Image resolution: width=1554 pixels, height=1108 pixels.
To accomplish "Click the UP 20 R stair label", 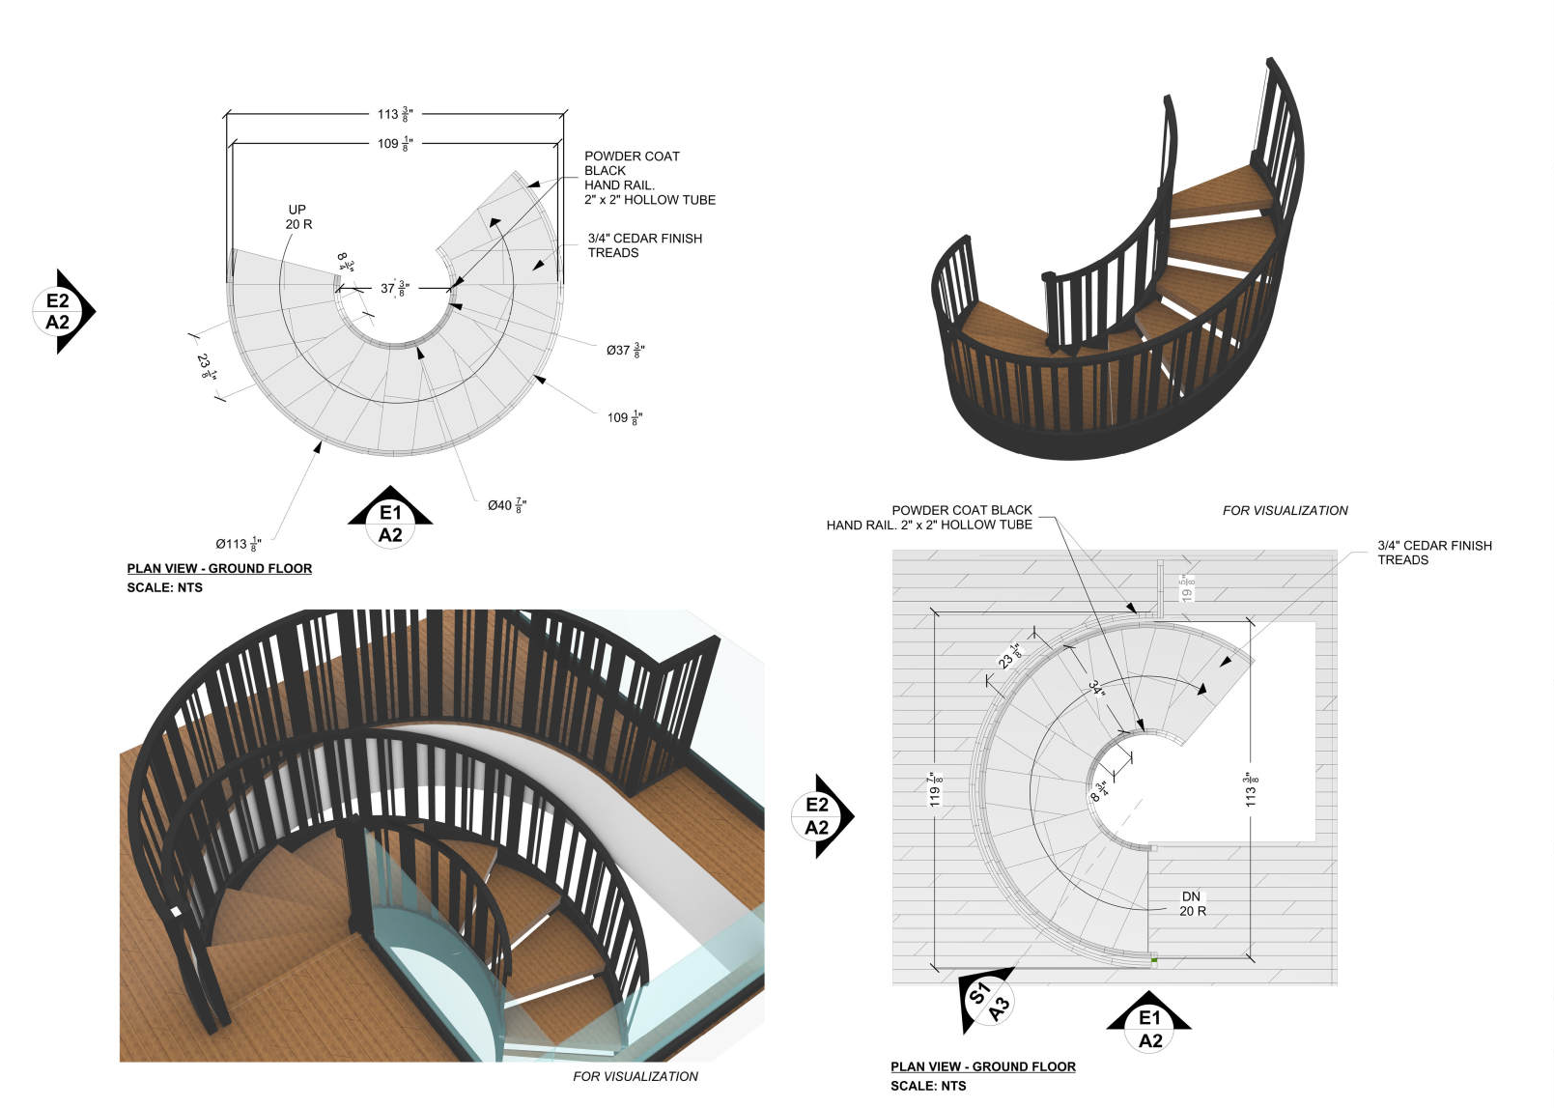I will click(x=298, y=216).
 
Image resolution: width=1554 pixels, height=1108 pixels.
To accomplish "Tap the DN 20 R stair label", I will click(x=1192, y=903).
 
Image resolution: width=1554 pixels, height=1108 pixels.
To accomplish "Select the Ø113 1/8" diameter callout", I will click(x=238, y=544).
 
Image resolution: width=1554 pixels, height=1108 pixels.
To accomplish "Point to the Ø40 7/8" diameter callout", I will click(x=507, y=505).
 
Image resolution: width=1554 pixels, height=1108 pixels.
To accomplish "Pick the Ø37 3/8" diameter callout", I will click(x=625, y=350).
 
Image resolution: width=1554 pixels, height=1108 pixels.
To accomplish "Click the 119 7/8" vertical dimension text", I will click(x=935, y=789).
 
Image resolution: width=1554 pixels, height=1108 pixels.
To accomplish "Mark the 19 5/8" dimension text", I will click(x=1187, y=587).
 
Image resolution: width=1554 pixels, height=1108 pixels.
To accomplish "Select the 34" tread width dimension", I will click(x=1096, y=688).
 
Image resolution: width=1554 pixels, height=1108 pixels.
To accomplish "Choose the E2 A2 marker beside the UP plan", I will click(x=60, y=311).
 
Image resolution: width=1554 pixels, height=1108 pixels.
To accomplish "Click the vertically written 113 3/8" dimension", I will click(x=1251, y=789).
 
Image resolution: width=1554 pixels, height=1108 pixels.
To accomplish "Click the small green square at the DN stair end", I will click(x=1154, y=960).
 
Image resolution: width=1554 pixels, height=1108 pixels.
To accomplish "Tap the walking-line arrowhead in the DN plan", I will click(x=1201, y=689).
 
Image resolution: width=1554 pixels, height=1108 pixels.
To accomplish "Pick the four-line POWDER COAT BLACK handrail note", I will click(x=649, y=178).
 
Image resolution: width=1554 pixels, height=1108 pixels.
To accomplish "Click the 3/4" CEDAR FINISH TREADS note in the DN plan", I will click(x=1433, y=553).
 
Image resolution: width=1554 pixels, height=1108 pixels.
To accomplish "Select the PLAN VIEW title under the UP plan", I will click(x=219, y=569).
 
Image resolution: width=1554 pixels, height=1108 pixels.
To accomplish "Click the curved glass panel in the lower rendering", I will click(x=435, y=966).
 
